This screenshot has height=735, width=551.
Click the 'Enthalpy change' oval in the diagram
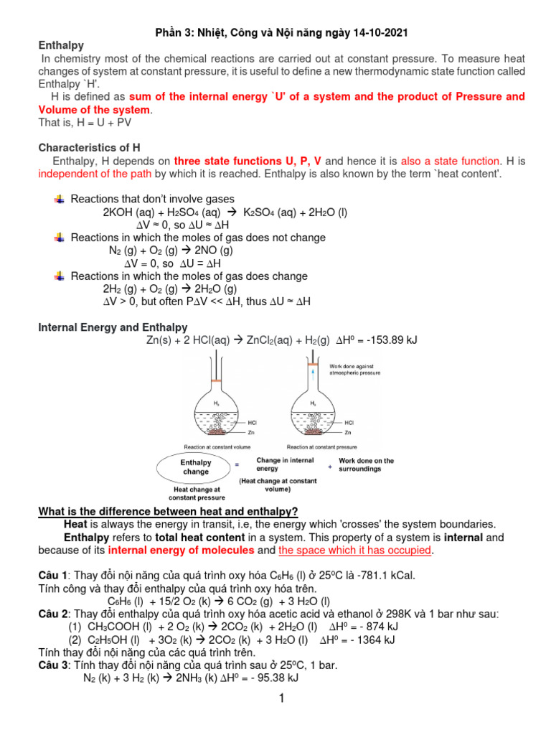196,467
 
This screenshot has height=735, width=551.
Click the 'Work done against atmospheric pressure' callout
354,370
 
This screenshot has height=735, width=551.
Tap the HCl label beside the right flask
349,422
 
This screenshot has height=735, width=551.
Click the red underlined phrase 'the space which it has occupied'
355,551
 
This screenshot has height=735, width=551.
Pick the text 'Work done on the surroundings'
366,465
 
